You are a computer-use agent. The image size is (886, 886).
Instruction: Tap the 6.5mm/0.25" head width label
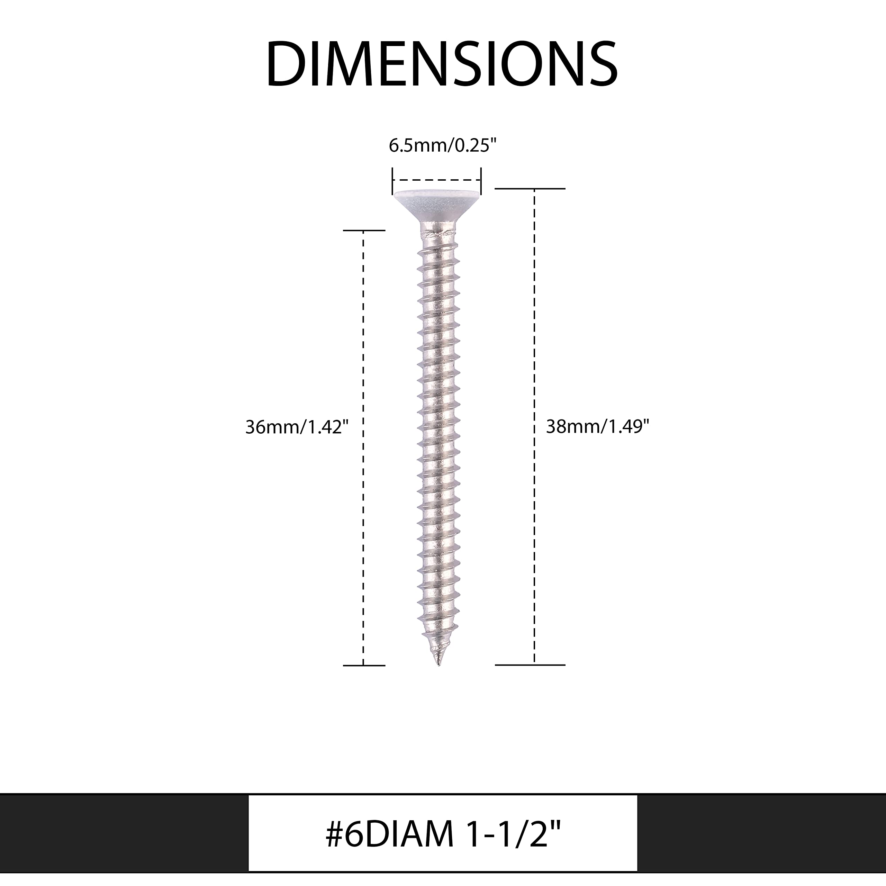click(443, 146)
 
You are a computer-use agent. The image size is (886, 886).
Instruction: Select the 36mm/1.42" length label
click(297, 427)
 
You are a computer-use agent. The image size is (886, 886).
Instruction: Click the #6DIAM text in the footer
click(390, 835)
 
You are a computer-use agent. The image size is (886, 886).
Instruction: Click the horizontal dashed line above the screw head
click(436, 180)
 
